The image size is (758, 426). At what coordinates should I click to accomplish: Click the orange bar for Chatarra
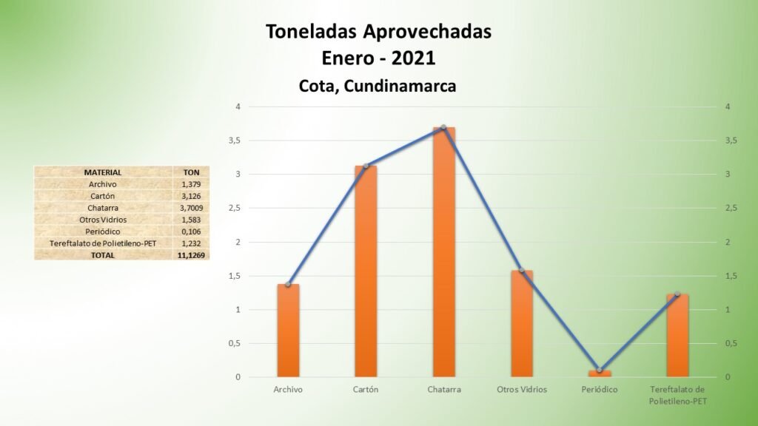[444, 251]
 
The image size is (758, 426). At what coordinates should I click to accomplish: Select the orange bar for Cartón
[366, 271]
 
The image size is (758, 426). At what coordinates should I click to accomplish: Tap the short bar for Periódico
[600, 373]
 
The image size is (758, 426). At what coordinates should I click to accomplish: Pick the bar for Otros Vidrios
[522, 324]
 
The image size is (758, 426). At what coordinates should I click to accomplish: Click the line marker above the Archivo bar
[288, 285]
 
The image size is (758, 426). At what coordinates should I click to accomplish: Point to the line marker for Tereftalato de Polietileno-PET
[677, 294]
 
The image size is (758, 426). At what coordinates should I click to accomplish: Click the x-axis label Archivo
[288, 389]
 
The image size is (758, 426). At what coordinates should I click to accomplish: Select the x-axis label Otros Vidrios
[522, 389]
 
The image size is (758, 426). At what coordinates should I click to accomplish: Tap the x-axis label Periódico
[600, 389]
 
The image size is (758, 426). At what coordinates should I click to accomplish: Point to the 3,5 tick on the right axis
[731, 141]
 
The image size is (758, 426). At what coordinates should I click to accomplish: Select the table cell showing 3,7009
[192, 208]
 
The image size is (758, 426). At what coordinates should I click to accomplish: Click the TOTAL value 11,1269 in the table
[191, 255]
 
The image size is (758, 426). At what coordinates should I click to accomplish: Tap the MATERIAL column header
[103, 172]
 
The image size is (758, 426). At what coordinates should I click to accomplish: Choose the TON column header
[192, 172]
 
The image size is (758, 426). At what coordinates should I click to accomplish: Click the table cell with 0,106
[192, 231]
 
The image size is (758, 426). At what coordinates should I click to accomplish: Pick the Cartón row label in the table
[102, 196]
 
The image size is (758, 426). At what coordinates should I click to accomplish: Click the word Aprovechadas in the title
[427, 32]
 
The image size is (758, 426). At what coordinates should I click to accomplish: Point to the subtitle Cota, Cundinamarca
[378, 86]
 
